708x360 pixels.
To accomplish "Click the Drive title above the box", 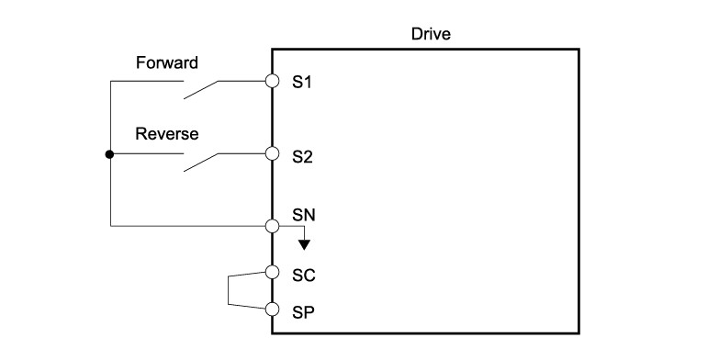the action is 431,34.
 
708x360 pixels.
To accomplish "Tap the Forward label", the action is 167,62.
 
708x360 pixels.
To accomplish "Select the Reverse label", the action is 167,134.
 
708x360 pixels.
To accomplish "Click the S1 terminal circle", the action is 273,81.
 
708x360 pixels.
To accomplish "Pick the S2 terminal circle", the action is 273,153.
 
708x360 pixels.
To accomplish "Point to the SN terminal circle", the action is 273,226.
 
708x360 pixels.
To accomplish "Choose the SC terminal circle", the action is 273,273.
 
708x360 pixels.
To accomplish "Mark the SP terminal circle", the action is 273,309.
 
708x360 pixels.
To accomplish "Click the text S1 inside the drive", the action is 302,83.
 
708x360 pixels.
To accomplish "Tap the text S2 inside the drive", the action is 302,157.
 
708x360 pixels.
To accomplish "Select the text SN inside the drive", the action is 303,215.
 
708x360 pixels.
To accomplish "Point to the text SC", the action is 303,276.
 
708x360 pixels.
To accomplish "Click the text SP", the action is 303,312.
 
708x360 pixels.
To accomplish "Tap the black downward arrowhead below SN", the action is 304,245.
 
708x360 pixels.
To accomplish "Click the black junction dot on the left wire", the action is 109,154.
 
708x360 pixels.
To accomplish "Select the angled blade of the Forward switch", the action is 201,90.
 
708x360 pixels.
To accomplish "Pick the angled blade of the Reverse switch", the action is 201,163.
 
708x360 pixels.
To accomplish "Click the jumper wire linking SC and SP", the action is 228,290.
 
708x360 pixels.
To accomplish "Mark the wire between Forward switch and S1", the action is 242,81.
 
